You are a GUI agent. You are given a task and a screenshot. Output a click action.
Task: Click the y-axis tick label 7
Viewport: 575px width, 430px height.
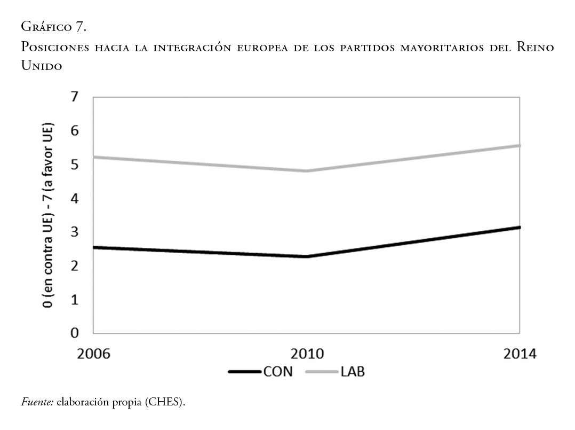click(x=74, y=97)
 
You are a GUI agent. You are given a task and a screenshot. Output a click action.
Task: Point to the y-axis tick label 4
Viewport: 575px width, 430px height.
click(x=74, y=198)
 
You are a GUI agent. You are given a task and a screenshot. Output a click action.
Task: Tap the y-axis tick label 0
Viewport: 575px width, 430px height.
click(x=74, y=333)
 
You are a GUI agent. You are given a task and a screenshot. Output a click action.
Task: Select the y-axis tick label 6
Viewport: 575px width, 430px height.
click(x=74, y=131)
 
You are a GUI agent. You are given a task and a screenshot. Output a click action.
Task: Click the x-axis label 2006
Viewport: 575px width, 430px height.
click(x=93, y=354)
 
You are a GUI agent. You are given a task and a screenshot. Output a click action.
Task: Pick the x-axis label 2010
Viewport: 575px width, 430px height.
click(x=307, y=354)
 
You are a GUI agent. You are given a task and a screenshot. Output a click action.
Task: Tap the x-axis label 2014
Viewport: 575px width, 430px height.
click(x=519, y=354)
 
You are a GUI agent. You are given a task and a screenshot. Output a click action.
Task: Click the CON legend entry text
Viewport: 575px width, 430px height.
click(x=278, y=372)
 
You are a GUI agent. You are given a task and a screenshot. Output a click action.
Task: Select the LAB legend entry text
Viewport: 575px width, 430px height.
click(x=353, y=372)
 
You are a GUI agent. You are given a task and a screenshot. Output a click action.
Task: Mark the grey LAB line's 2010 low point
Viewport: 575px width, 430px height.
click(x=307, y=171)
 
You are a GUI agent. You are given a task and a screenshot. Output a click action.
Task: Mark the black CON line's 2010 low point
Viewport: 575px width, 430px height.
click(x=307, y=256)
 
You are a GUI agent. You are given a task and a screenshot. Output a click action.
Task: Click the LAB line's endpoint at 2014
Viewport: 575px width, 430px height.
click(x=519, y=145)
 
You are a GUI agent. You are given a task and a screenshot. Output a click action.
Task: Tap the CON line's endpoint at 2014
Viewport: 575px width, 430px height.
click(x=519, y=228)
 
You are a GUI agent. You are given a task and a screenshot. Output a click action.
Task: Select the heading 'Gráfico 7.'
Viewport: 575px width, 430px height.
click(x=53, y=26)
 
